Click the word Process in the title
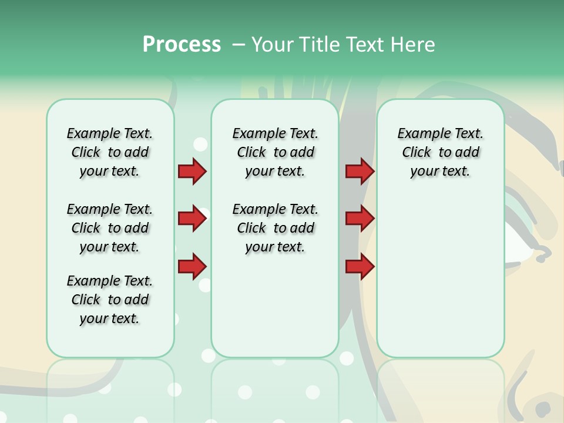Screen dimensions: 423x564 click(x=182, y=44)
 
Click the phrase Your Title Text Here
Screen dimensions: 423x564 click(x=343, y=45)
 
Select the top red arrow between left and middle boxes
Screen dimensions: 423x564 click(x=192, y=171)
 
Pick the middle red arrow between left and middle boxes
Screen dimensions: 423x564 click(x=192, y=219)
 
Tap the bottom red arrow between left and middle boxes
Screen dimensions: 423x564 click(x=192, y=267)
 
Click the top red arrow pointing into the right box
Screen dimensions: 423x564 click(x=360, y=171)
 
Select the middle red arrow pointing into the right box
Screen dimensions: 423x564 click(x=360, y=219)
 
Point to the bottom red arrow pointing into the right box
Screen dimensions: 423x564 click(x=360, y=267)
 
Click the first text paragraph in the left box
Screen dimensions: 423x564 click(x=110, y=152)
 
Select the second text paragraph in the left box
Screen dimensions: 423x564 click(x=110, y=228)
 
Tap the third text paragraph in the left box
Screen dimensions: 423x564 click(x=110, y=300)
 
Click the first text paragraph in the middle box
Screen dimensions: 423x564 click(x=275, y=152)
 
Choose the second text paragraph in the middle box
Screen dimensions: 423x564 click(x=275, y=228)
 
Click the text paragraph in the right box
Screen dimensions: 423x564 click(x=440, y=152)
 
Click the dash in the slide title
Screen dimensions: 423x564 click(x=239, y=45)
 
